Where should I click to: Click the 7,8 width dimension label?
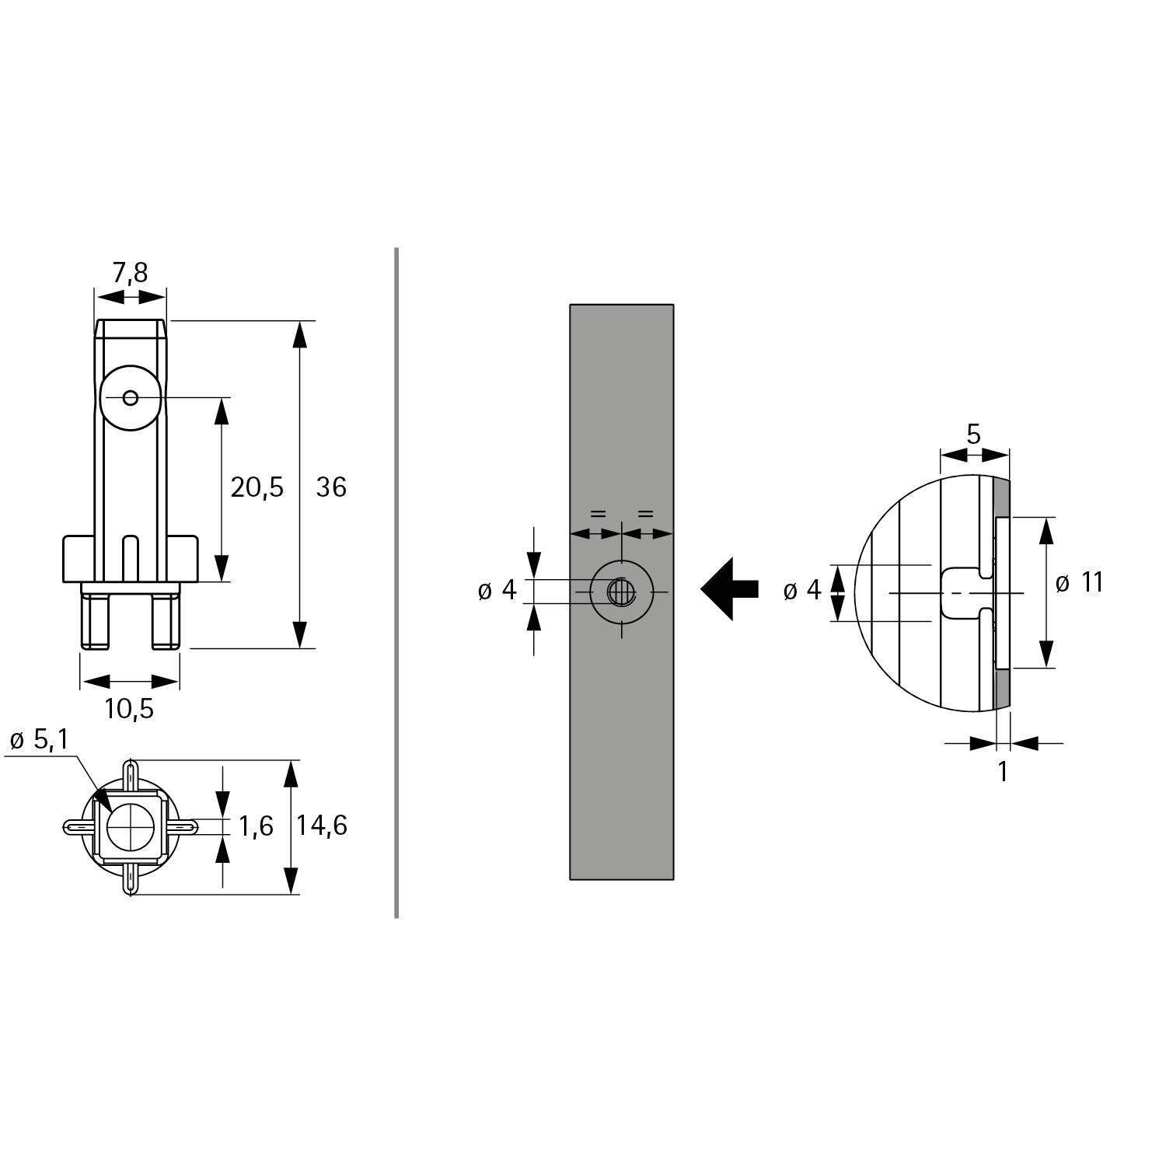point(130,273)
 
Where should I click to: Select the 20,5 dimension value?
point(257,487)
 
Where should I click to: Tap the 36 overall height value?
point(331,487)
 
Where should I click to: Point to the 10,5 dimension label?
point(130,708)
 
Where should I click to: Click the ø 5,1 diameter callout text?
point(39,740)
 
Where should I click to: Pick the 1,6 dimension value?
point(256,826)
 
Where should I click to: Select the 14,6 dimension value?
point(321,826)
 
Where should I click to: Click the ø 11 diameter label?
point(1080,583)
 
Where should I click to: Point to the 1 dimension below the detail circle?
point(1002,771)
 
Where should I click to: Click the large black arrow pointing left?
point(728,589)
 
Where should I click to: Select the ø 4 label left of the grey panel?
point(497,591)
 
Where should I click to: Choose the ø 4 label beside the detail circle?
point(802,591)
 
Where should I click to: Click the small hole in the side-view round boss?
point(131,398)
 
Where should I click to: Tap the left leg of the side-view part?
point(95,620)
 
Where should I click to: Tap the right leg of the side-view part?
point(166,620)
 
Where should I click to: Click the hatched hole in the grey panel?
point(620,593)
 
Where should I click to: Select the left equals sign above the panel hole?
point(597,514)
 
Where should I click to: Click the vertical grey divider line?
point(396,583)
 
